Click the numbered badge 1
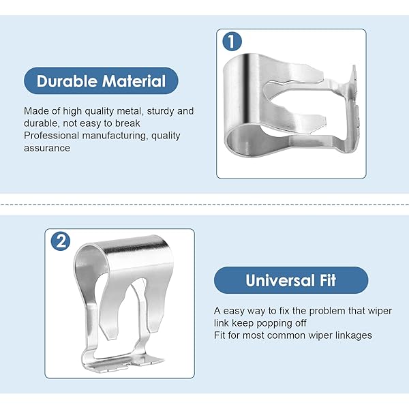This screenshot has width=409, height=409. click(232, 41)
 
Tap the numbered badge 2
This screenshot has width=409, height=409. click(61, 241)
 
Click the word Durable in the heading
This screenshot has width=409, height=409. click(67, 81)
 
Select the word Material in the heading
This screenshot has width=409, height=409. click(134, 81)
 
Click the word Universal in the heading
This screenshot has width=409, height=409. click(280, 280)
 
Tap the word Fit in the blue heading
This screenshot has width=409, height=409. click(328, 280)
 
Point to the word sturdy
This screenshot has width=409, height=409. click(160, 111)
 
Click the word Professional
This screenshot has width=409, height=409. click(51, 136)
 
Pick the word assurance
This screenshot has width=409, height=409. click(47, 148)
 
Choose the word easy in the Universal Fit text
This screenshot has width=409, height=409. click(233, 312)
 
